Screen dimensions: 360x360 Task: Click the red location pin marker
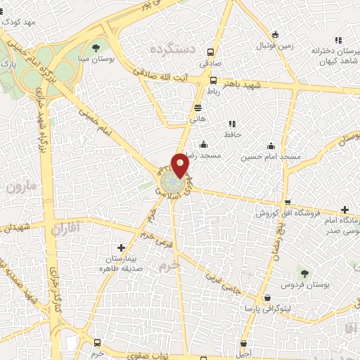[x=180, y=164]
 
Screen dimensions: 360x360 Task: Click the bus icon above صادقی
[x=211, y=52]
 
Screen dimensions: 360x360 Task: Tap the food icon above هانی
[x=198, y=108]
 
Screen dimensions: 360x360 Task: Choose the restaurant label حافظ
[x=231, y=134]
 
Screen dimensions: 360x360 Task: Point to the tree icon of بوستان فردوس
[x=304, y=274]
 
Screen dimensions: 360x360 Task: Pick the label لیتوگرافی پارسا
[x=262, y=308]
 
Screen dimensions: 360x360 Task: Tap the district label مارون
[x=22, y=188]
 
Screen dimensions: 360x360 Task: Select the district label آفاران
[x=67, y=227]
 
